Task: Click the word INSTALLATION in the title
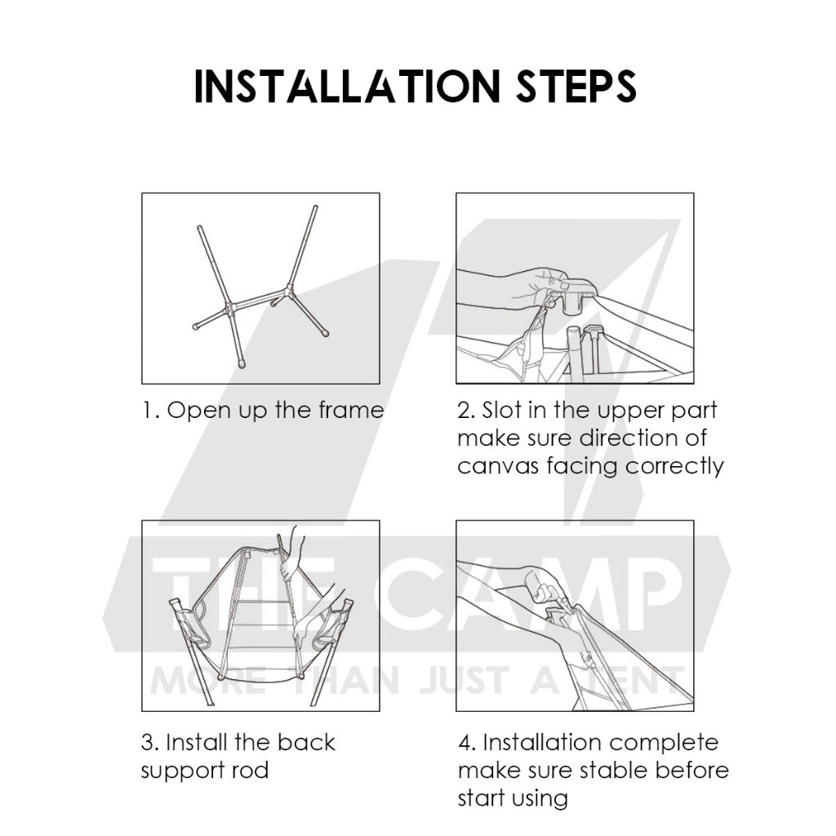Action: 347,86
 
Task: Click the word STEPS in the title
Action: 576,86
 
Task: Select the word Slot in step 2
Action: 502,410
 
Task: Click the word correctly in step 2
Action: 674,466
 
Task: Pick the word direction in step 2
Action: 629,438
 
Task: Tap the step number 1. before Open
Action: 151,411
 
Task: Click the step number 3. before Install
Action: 150,743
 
